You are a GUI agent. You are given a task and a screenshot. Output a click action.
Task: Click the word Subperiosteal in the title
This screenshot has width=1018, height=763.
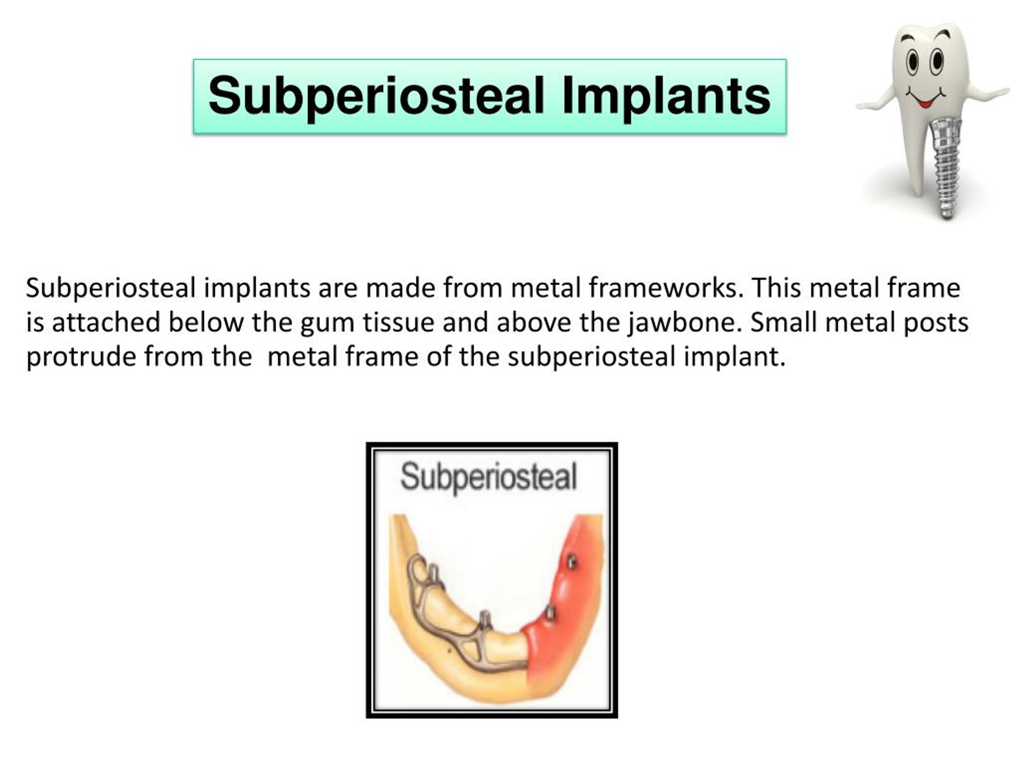coord(377,97)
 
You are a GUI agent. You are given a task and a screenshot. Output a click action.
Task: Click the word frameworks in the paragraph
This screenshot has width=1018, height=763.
coord(665,289)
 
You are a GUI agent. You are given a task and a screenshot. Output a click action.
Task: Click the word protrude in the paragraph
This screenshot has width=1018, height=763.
coord(81,357)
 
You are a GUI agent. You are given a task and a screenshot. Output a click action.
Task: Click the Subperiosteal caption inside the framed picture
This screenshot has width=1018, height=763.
coord(489,477)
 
